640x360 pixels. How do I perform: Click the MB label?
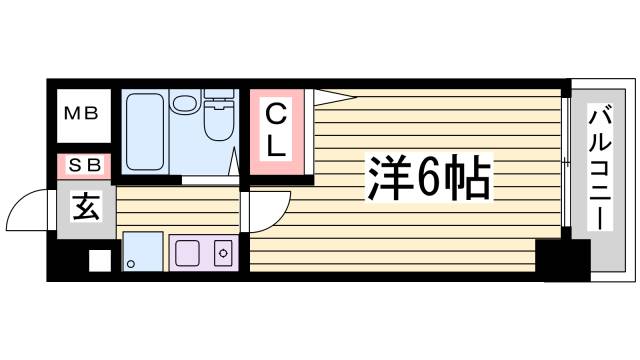81,113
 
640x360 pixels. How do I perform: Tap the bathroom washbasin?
185,102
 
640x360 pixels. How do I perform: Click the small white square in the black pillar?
98,260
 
